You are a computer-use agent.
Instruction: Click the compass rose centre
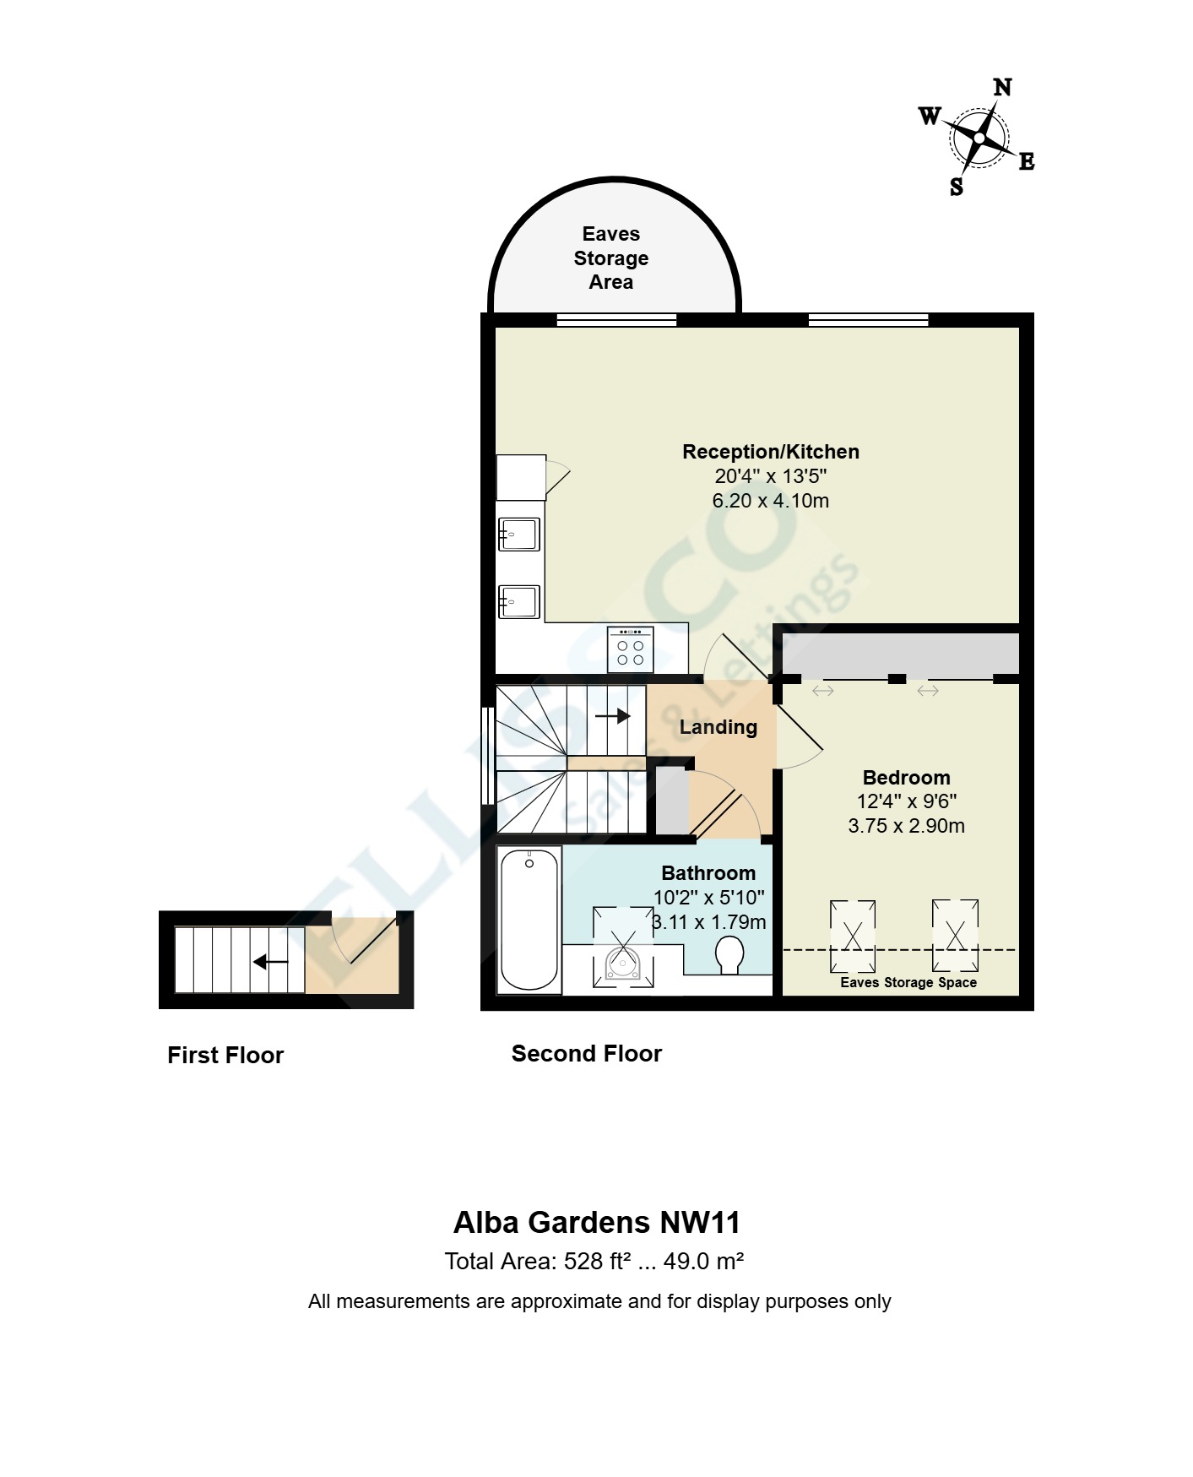[979, 138]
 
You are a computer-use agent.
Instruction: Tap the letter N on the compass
[1002, 88]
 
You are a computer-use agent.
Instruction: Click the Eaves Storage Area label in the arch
[611, 258]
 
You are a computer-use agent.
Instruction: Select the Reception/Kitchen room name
[770, 452]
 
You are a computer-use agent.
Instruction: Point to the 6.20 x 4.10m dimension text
[770, 501]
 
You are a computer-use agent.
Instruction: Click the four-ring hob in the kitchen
[630, 649]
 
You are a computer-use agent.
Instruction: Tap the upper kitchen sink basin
[519, 535]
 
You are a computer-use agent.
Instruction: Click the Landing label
[718, 727]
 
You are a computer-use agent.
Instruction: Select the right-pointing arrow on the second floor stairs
[613, 716]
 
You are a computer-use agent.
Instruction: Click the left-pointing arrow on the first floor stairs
[271, 962]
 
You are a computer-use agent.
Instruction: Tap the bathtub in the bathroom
[529, 920]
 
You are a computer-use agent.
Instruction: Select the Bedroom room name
[906, 778]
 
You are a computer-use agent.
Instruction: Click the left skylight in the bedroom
[853, 936]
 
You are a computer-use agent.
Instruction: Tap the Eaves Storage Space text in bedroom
[908, 982]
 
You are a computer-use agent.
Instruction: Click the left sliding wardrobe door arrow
[823, 691]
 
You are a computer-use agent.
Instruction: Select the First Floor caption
[225, 1056]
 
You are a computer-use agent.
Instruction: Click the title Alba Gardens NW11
[597, 1223]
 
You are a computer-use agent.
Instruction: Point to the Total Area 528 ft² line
[594, 1262]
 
